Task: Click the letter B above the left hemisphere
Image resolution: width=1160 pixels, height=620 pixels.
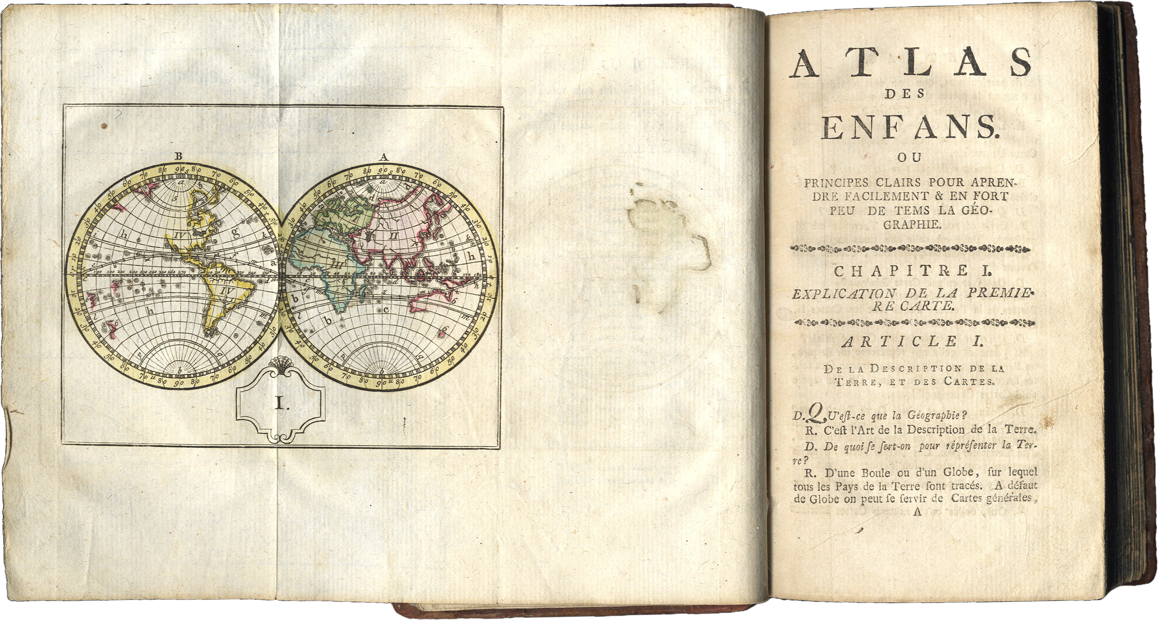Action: point(179,155)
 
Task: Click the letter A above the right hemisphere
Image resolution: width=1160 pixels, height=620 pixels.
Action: point(383,156)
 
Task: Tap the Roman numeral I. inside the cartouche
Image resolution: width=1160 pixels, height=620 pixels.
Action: point(279,403)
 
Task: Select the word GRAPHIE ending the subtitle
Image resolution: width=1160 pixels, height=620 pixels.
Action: point(912,224)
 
